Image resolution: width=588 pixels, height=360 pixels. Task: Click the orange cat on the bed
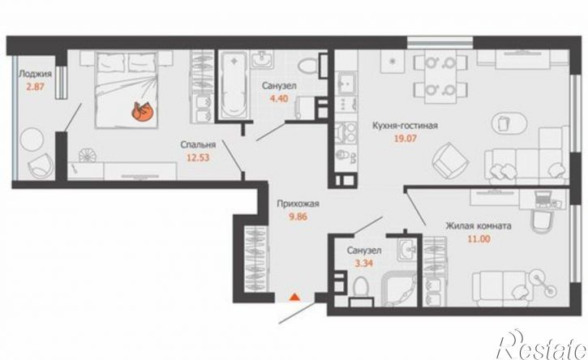(142, 112)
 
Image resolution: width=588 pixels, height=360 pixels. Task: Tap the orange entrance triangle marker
(294, 297)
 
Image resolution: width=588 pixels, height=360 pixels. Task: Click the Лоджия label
(35, 74)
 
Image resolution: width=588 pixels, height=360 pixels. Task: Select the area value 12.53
(198, 157)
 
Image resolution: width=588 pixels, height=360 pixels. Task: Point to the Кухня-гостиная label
(405, 125)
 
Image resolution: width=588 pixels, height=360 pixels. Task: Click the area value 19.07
(405, 139)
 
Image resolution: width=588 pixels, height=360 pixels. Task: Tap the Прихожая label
(298, 204)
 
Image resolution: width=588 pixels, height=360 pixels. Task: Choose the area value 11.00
(479, 239)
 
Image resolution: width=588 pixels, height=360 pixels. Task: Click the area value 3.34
(364, 264)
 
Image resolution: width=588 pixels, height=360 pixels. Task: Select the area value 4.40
(279, 99)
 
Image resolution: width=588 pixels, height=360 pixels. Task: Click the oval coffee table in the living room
(509, 123)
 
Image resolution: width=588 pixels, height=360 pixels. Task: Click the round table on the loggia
(32, 139)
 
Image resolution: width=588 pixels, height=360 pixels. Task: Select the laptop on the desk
(543, 199)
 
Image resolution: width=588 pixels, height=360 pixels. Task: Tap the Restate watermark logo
(541, 346)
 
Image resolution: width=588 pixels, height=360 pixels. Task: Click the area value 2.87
(35, 88)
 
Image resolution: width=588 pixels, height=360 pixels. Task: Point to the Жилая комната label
(479, 226)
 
